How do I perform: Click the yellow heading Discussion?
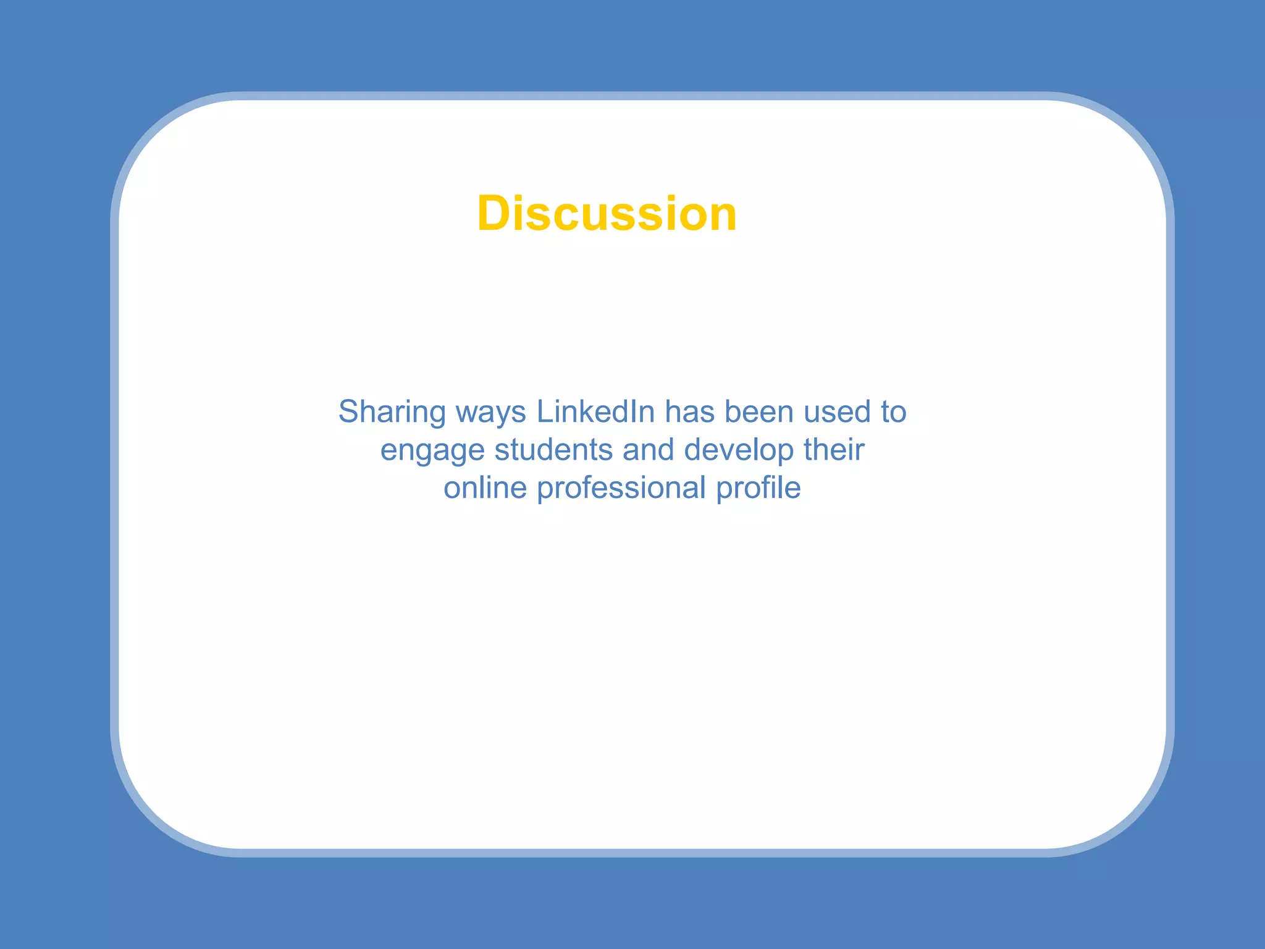coord(607,214)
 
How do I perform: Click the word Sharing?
coord(392,412)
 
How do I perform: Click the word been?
coord(759,411)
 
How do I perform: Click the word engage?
coord(432,451)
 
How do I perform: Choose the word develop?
coord(739,451)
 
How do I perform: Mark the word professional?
coord(621,489)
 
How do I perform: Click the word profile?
coord(758,488)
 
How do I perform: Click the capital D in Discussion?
coord(497,214)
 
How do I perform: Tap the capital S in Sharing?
coord(350,412)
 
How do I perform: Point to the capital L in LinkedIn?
coord(544,411)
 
